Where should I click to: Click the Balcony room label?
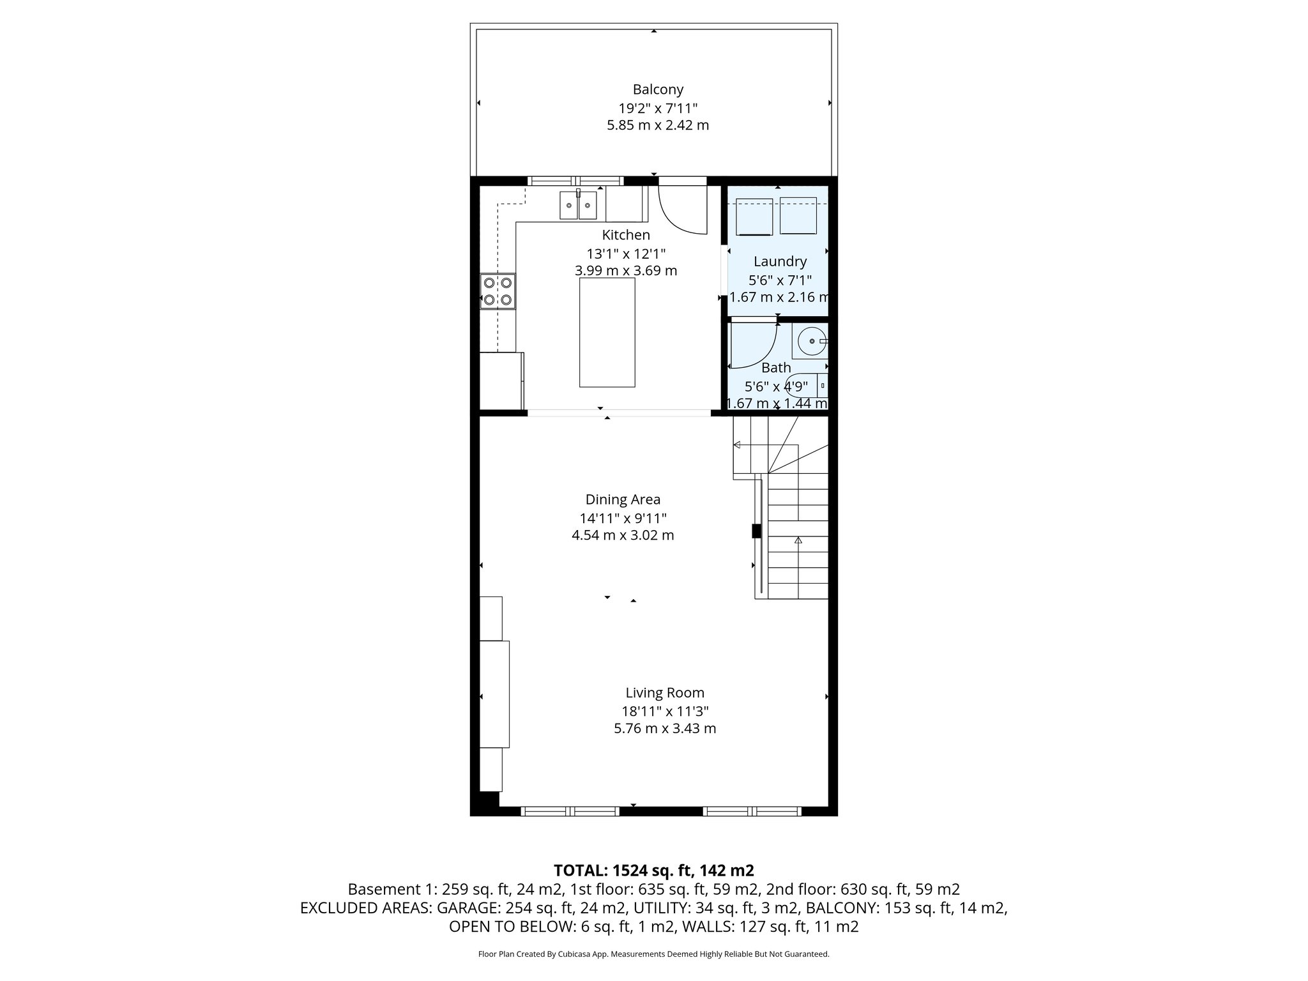[657, 89]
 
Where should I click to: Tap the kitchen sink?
[578, 205]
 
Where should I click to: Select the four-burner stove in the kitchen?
[498, 291]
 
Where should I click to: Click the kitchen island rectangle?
[607, 332]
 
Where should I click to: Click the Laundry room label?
[779, 261]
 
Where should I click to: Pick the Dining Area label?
[623, 499]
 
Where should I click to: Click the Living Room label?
[664, 692]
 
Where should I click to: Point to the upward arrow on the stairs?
[798, 540]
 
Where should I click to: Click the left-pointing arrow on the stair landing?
[736, 445]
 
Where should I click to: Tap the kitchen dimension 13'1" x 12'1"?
[626, 253]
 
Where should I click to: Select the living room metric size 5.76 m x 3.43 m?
[664, 728]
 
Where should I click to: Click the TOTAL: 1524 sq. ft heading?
[653, 870]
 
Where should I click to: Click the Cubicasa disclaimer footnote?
[653, 954]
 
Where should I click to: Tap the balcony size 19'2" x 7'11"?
[657, 107]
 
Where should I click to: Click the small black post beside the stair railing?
[756, 531]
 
